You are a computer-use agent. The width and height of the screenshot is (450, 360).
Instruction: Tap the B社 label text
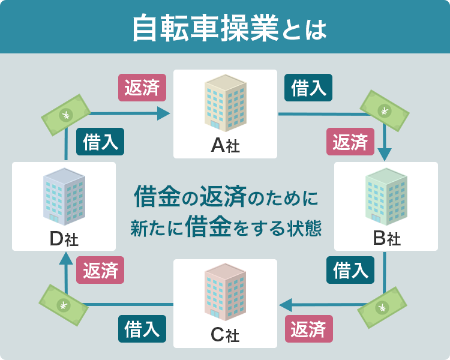click(386, 239)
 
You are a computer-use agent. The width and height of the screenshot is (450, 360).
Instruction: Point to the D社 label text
click(64, 239)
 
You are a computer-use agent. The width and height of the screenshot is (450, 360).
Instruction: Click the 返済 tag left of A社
click(142, 88)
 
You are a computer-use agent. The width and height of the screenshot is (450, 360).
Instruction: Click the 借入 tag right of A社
click(308, 88)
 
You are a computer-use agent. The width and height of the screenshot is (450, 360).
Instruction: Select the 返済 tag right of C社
click(308, 329)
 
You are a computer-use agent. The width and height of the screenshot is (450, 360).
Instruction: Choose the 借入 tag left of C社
click(142, 329)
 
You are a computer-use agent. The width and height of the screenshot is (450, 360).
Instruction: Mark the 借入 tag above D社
click(100, 142)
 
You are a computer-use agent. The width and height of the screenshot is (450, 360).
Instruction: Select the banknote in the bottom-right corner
click(382, 308)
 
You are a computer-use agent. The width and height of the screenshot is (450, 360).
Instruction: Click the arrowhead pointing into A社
click(164, 113)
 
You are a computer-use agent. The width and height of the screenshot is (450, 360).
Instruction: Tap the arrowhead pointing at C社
click(286, 305)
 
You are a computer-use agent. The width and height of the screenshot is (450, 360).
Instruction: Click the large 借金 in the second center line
click(209, 227)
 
